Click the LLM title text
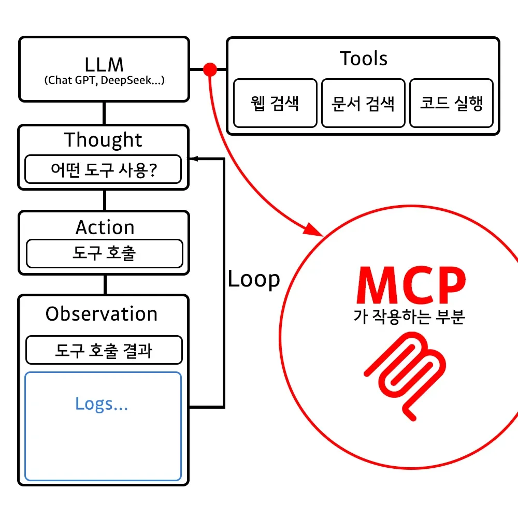coord(104,64)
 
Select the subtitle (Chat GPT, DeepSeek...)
coord(104,80)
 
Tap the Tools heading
coord(364,59)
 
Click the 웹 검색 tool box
coord(275,103)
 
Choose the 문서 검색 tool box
coord(363,103)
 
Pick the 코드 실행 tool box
coord(451,103)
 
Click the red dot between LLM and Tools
coord(210,69)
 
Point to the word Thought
coord(103,140)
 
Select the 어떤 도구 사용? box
coord(104,169)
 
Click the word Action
coord(105,227)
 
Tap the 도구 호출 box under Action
coord(104,253)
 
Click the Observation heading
coord(102,314)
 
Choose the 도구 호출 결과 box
coord(104,351)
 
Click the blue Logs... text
coord(102,404)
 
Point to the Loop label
coord(254,279)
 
